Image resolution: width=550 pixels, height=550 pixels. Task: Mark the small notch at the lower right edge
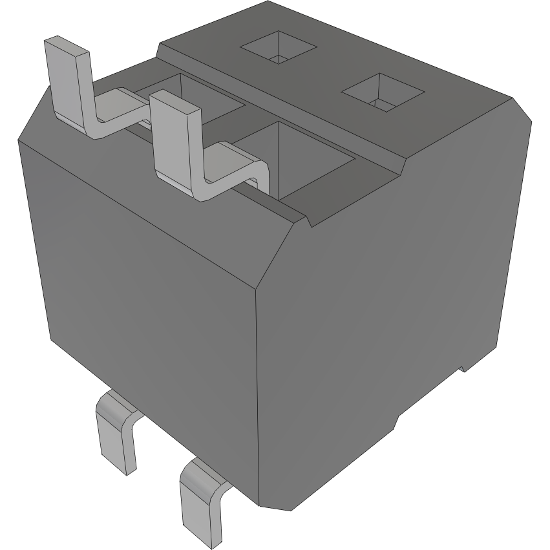point(463,368)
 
